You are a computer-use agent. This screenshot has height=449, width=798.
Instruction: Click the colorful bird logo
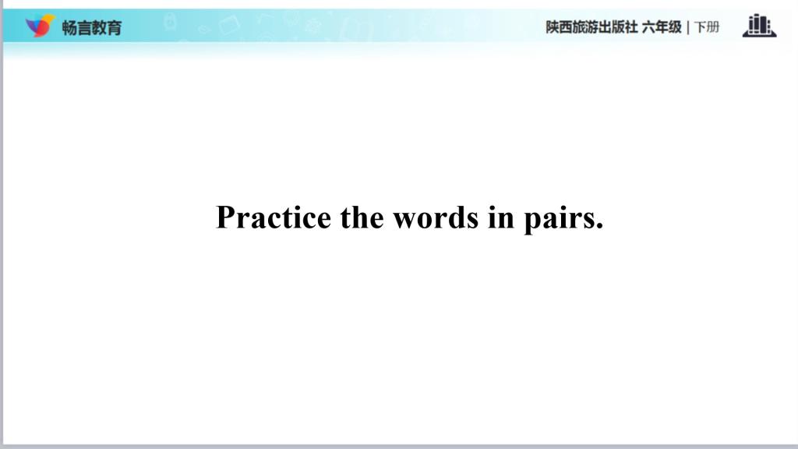click(40, 26)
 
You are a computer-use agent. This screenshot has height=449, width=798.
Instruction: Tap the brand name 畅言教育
click(92, 27)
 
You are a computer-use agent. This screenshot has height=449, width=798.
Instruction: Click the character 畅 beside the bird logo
click(69, 27)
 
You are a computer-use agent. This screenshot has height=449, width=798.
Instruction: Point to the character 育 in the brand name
click(115, 27)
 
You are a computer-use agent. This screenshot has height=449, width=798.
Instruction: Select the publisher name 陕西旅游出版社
click(591, 27)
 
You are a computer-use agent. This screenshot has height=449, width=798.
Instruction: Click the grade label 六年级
click(662, 27)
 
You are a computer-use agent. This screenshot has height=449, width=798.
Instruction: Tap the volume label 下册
click(707, 27)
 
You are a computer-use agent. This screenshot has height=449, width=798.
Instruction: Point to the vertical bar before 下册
click(688, 27)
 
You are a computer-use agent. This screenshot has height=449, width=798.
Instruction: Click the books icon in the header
click(759, 26)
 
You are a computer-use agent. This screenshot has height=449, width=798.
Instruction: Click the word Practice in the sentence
click(274, 218)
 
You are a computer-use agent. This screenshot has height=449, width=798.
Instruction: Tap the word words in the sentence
click(436, 217)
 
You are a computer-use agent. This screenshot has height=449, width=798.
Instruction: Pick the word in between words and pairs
click(501, 217)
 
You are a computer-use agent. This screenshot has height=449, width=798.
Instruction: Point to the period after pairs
click(598, 226)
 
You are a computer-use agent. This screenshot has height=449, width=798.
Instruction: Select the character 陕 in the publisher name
click(553, 27)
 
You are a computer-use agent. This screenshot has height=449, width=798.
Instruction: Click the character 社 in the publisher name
click(631, 27)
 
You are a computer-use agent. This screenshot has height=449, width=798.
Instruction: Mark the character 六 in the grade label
click(649, 27)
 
